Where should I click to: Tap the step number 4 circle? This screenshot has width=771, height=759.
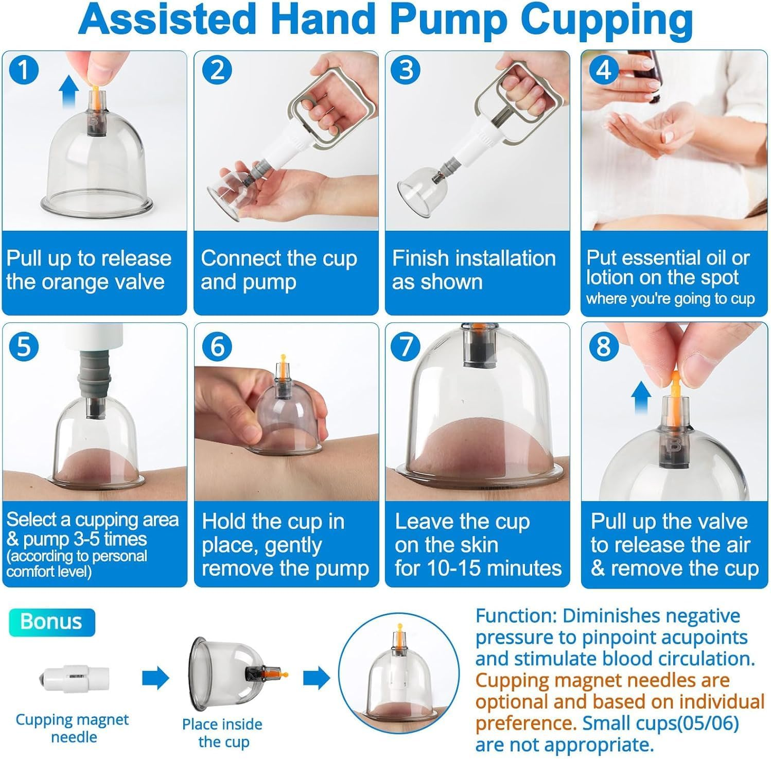(603, 70)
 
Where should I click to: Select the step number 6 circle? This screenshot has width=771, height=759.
(217, 346)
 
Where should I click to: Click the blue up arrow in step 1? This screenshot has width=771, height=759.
(68, 93)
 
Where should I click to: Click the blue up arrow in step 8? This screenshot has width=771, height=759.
(641, 398)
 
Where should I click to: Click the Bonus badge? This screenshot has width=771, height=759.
(51, 622)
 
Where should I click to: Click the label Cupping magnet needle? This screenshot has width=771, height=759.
(73, 728)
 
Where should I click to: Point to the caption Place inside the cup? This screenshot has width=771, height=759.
(222, 733)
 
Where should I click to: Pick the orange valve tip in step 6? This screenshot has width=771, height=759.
(282, 358)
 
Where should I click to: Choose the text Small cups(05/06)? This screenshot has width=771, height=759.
(661, 723)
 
